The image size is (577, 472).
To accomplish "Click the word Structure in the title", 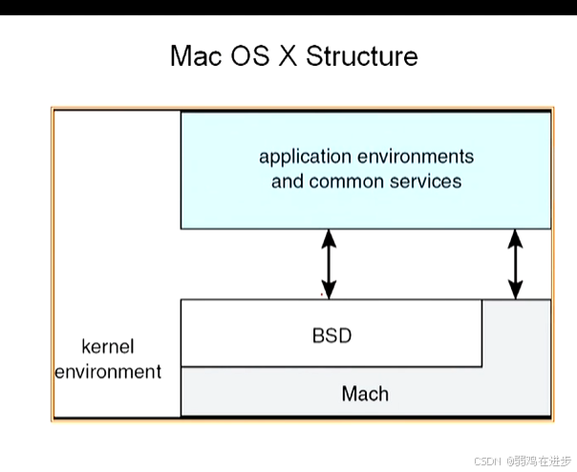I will point(362,55).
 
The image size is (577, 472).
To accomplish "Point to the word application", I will point(306,156).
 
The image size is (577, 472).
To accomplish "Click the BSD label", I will point(331,335).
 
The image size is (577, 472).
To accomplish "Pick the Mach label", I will point(365,394).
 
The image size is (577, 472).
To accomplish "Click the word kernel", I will point(108,346).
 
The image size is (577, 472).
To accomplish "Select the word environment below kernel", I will point(108,371).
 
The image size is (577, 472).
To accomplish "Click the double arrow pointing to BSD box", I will point(329,264).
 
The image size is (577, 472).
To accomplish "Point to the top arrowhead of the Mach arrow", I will point(516,236).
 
